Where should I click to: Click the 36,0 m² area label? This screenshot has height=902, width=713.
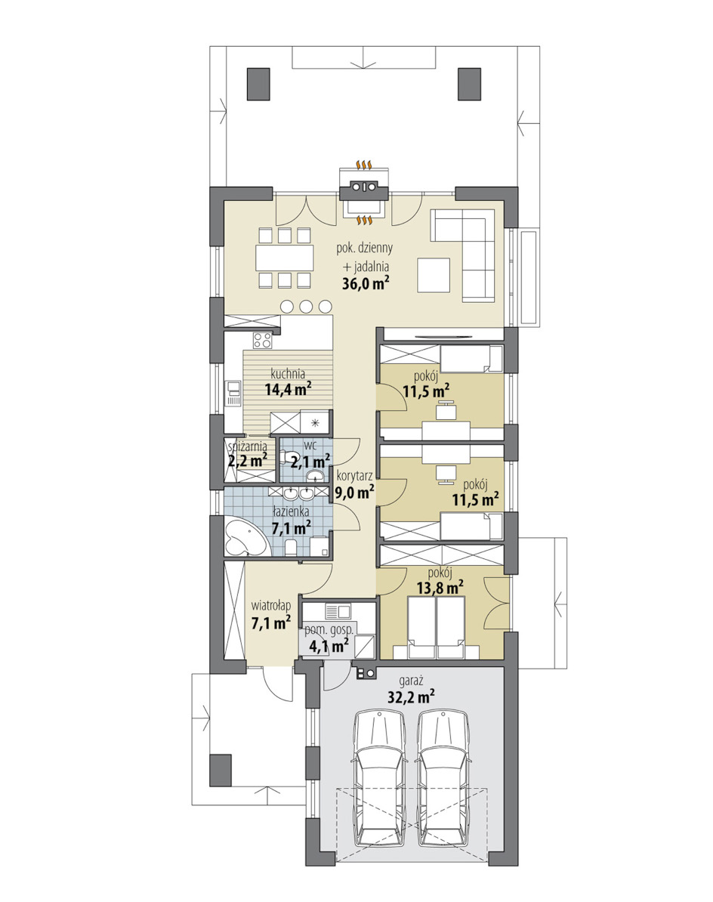coord(366,283)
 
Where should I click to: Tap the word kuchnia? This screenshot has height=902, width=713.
coord(288,374)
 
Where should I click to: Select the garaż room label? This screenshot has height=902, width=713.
coord(411,681)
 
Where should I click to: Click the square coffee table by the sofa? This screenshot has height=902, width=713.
coord(434,276)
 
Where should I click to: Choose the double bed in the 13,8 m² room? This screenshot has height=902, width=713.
coord(436,628)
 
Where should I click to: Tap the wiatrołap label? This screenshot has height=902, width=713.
coord(271,606)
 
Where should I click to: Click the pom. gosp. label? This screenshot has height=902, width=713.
coord(329,630)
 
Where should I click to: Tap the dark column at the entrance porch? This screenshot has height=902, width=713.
coord(221,770)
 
